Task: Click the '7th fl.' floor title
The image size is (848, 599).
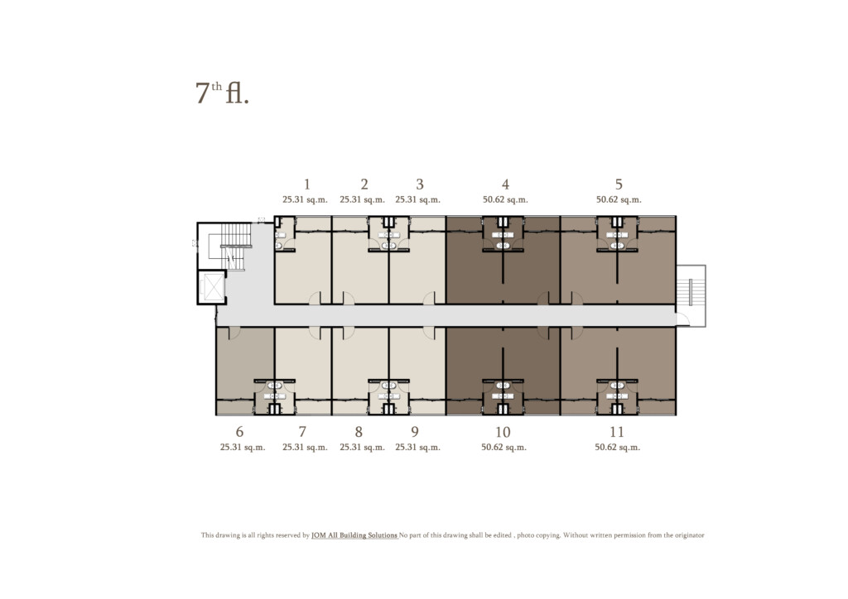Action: coord(222,93)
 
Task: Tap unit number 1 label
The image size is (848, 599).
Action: coord(306,184)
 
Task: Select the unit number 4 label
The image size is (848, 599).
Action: coord(505,184)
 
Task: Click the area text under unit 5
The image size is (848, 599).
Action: coord(619,199)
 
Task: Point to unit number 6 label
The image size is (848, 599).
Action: coord(239,432)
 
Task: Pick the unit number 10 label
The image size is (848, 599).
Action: coord(503,432)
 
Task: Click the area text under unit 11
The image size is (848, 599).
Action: coord(617,448)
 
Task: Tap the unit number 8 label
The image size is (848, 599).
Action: coord(359,432)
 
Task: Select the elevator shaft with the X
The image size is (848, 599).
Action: coord(212,287)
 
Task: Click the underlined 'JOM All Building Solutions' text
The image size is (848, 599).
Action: coord(354,535)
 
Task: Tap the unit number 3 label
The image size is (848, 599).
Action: coord(420,184)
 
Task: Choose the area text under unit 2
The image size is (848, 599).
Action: coord(363,199)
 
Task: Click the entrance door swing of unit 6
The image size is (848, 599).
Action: coord(234,333)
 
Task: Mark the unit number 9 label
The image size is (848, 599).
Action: coord(415,432)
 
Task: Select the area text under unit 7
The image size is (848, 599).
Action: coord(305,448)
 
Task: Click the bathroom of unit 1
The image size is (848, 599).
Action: coord(285,234)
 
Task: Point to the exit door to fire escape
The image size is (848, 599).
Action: coord(683,319)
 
